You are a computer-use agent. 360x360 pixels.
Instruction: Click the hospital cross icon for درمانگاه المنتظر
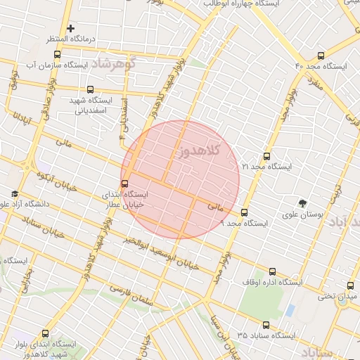tap(70, 28)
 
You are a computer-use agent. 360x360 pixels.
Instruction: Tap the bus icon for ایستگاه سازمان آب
tap(57, 54)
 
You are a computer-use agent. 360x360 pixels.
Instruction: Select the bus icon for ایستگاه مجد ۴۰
tap(321, 56)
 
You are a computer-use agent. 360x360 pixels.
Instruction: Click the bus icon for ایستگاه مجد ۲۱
tap(266, 156)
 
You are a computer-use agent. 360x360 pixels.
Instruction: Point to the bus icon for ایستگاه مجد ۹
tap(245, 212)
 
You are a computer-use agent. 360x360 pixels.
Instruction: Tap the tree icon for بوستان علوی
tap(303, 203)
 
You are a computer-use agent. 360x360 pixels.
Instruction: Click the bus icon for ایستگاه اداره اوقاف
tap(273, 271)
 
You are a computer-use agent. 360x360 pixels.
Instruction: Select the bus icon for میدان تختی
tap(351, 285)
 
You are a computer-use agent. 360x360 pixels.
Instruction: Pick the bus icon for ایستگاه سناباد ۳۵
tap(266, 325)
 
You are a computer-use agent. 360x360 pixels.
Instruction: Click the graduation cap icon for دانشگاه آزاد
tap(15, 194)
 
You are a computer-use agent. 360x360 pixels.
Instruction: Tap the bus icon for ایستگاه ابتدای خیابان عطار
tap(125, 184)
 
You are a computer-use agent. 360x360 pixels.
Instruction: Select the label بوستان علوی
tap(302, 215)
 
